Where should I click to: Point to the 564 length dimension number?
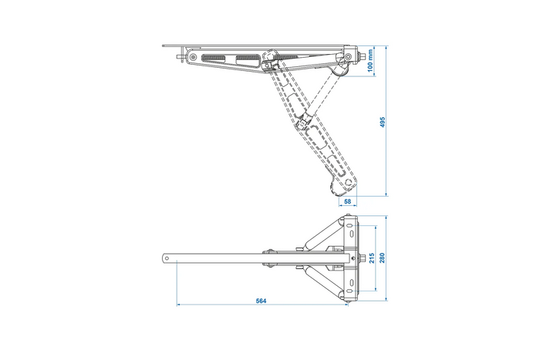point(262,301)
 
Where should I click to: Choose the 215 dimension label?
point(371,258)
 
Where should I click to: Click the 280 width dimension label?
point(383,258)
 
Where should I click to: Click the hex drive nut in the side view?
point(359,58)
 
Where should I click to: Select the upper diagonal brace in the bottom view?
point(320,234)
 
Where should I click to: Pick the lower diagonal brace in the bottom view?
point(320,282)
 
